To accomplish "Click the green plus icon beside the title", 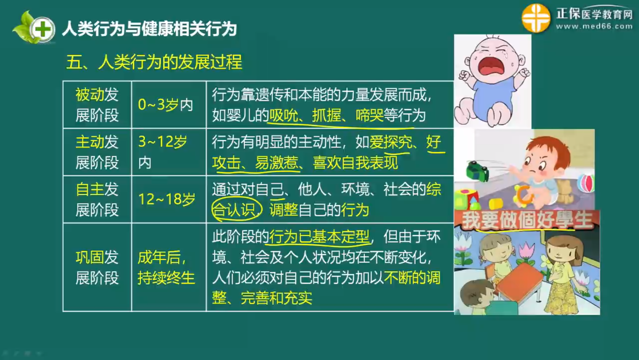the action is pyautogui.click(x=43, y=29).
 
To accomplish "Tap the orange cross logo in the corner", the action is pyautogui.click(x=536, y=18).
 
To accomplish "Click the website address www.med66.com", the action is pyautogui.click(x=594, y=26).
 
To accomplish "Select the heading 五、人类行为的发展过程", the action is pyautogui.click(x=154, y=62).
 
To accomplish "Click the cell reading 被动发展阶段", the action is pyautogui.click(x=97, y=105).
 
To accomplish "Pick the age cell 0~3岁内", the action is pyautogui.click(x=165, y=105).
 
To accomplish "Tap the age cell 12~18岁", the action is pyautogui.click(x=167, y=199).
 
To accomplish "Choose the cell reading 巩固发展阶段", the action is pyautogui.click(x=97, y=267).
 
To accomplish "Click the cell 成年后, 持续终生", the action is pyautogui.click(x=166, y=267).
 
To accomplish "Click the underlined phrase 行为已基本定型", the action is pyautogui.click(x=319, y=236).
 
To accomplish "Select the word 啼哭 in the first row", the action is pyautogui.click(x=369, y=115).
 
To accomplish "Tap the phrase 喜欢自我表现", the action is pyautogui.click(x=355, y=163).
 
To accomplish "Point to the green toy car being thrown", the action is pyautogui.click(x=477, y=171).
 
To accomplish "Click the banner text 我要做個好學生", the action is pyautogui.click(x=527, y=220).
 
